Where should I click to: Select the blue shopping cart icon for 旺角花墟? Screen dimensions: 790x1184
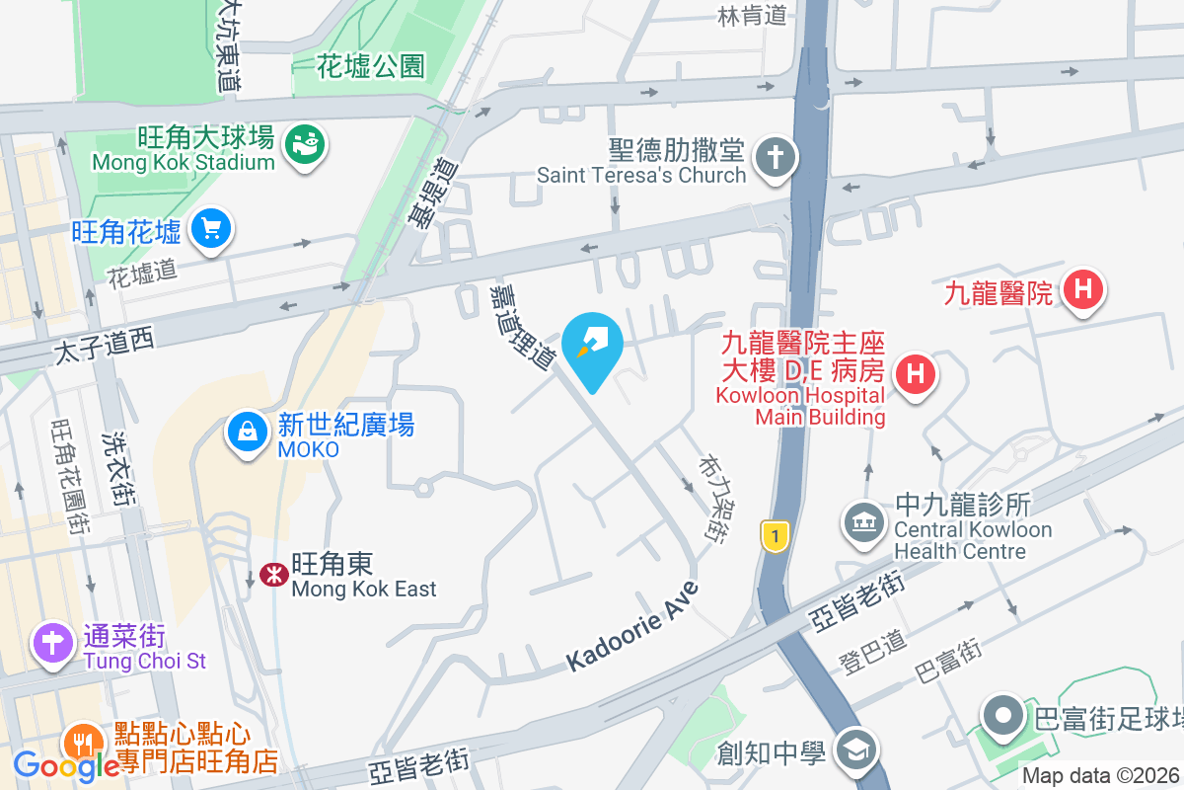(x=211, y=229)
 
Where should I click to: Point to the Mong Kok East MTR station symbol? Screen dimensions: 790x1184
(x=272, y=575)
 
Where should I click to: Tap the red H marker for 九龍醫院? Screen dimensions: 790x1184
(x=1083, y=290)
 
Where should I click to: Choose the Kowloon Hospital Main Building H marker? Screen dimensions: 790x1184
(x=915, y=374)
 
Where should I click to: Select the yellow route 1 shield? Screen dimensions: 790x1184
(x=776, y=536)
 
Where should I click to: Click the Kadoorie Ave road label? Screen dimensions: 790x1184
(x=632, y=628)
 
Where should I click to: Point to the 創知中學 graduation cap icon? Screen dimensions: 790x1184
(x=855, y=751)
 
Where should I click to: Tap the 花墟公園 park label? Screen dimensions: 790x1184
(x=371, y=66)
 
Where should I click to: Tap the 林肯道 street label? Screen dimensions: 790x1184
(x=752, y=15)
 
